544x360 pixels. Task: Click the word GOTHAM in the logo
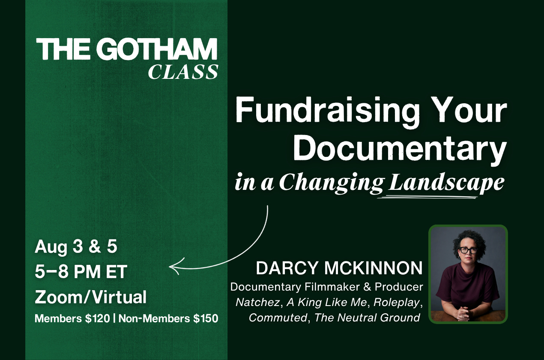tap(157, 49)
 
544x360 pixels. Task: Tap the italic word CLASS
tap(183, 72)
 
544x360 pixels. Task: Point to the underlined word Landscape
tap(446, 183)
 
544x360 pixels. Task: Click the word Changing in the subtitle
tap(332, 183)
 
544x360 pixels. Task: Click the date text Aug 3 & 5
tap(76, 246)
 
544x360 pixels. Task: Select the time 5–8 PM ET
tap(81, 272)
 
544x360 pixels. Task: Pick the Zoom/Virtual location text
tap(90, 297)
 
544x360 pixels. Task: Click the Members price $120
tap(97, 318)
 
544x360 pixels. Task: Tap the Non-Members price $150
tap(206, 318)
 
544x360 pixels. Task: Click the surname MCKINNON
tap(374, 268)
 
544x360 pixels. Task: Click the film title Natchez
tap(257, 303)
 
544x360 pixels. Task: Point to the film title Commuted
tap(278, 318)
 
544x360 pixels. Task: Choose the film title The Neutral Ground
tap(367, 318)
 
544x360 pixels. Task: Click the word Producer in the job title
tap(399, 287)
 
